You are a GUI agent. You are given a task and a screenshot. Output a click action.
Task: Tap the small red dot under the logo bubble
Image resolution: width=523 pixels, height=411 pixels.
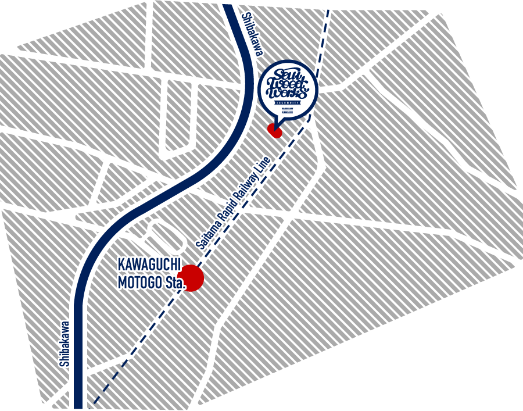275,131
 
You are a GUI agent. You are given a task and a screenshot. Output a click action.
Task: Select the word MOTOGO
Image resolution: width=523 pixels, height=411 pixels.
137,284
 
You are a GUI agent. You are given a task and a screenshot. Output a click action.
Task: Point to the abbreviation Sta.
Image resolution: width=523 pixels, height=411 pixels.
173,284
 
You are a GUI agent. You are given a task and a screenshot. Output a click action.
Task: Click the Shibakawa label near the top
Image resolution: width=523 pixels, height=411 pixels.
252,34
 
